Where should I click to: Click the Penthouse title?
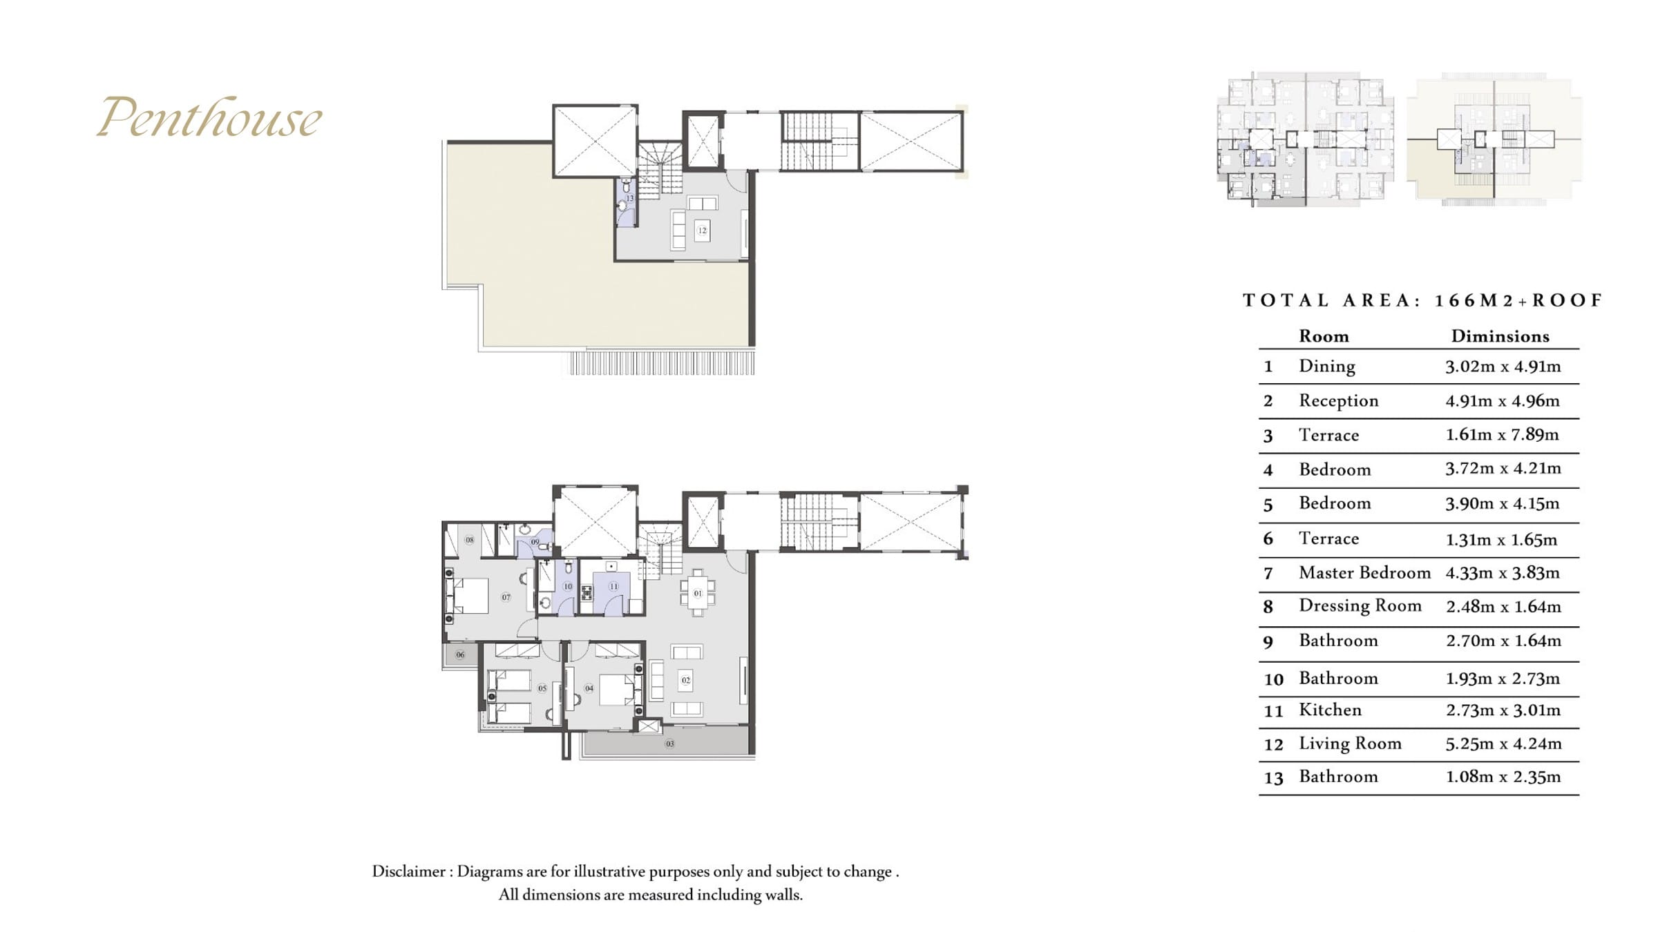209,117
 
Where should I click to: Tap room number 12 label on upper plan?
702,231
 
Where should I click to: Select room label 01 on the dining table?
698,593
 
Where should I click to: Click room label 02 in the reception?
686,680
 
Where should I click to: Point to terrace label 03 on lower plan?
669,744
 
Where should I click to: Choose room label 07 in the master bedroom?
506,597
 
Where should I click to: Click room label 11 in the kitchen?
613,586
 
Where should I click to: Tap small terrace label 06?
461,654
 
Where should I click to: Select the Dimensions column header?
1500,336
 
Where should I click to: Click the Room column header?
1324,336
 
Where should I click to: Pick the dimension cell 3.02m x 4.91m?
1503,366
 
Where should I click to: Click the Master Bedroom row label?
1364,572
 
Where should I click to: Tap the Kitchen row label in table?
1330,710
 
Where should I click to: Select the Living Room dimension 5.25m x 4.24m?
1503,744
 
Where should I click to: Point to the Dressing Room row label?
1360,605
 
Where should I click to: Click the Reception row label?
1338,400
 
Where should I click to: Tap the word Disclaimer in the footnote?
408,871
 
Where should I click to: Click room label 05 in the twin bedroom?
542,688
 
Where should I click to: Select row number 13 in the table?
1273,778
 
